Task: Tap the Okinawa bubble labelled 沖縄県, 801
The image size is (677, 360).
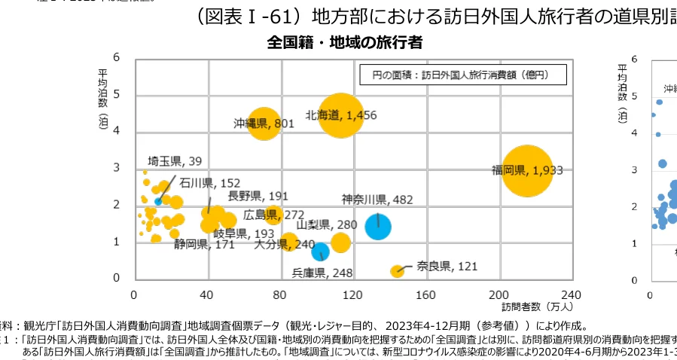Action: point(264,122)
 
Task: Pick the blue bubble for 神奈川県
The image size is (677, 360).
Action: point(378,226)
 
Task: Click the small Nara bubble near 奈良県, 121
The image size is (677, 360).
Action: point(397,270)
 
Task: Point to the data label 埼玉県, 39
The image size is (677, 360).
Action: point(175,161)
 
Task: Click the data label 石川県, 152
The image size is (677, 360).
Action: point(210,182)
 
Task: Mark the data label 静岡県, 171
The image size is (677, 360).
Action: point(204,244)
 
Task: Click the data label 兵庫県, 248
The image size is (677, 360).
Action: point(322,272)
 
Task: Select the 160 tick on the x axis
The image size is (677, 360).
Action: point(426,294)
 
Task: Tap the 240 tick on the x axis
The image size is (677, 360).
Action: point(572,294)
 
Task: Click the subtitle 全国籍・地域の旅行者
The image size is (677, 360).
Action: point(344,42)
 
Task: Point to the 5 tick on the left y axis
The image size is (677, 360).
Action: point(117,94)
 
